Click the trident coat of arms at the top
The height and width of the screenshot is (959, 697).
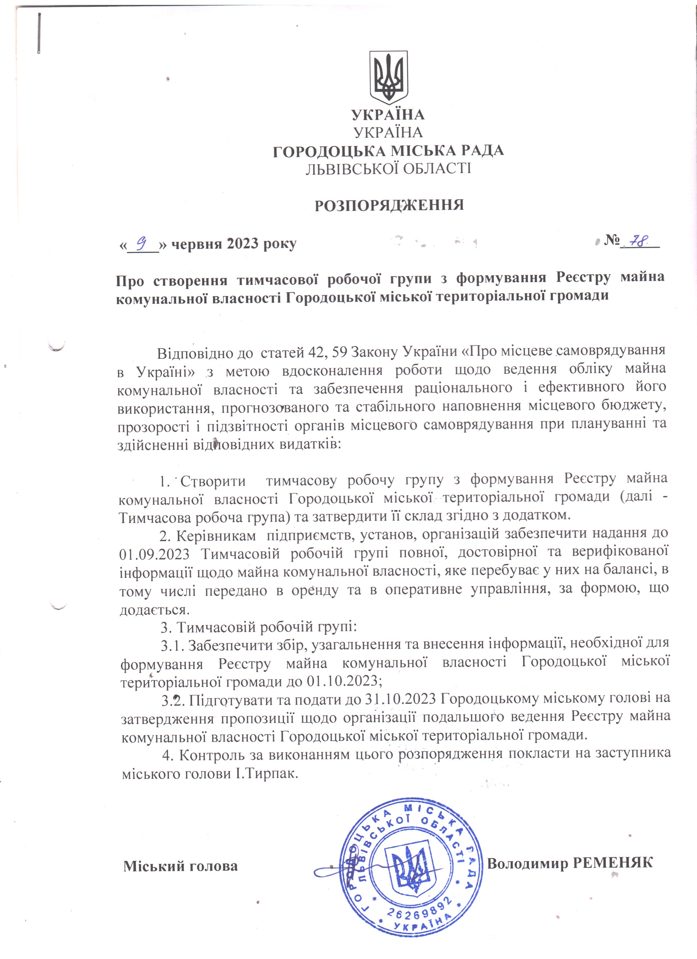click(x=388, y=78)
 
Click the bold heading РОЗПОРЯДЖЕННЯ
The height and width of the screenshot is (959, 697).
click(x=389, y=205)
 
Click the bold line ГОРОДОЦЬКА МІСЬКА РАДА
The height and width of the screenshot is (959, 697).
click(x=388, y=151)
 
